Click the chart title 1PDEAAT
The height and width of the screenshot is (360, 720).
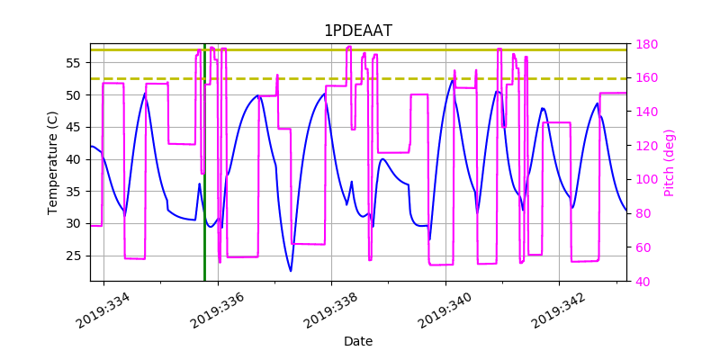click(x=358, y=31)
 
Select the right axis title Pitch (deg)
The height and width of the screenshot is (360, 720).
click(x=669, y=162)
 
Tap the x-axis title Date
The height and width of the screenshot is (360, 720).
click(x=358, y=341)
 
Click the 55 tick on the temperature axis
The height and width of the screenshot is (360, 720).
click(x=75, y=63)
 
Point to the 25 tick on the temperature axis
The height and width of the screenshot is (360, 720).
click(x=75, y=256)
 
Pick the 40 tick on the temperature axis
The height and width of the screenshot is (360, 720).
click(x=75, y=159)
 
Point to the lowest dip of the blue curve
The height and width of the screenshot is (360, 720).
click(x=291, y=270)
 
